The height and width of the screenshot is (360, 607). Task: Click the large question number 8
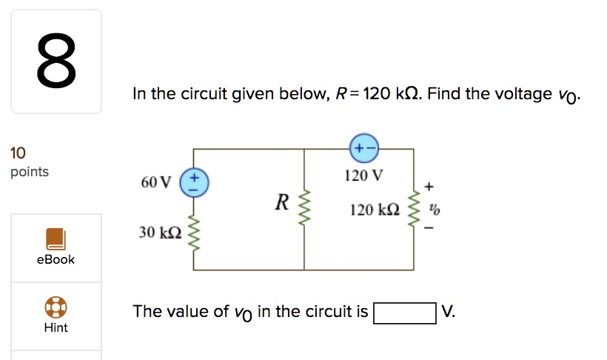[56, 61]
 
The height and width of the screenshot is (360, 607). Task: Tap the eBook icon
[56, 239]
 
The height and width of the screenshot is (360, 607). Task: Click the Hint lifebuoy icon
[56, 307]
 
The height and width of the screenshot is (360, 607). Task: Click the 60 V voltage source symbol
[195, 182]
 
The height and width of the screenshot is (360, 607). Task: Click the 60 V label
[155, 182]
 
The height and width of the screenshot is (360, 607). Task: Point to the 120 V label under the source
[363, 176]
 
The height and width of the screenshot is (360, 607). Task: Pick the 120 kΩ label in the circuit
[375, 211]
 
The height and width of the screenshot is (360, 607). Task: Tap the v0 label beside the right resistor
[435, 210]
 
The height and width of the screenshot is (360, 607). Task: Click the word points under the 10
[30, 172]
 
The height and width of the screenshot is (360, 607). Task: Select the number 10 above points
[18, 153]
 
